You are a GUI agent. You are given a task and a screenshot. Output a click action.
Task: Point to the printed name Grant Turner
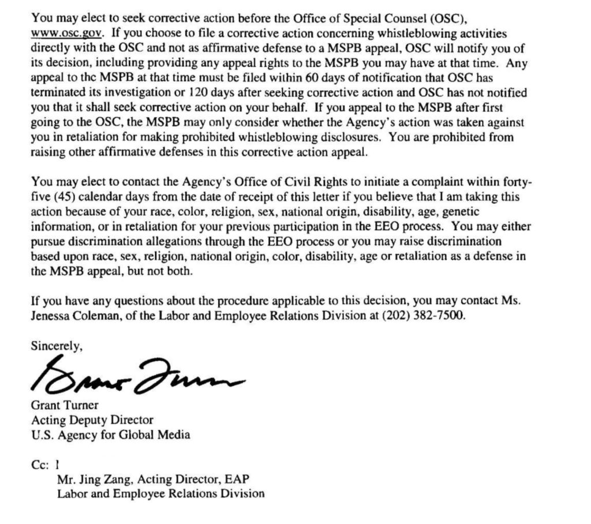pos(65,405)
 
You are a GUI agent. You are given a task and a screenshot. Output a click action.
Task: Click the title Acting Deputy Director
pos(92,420)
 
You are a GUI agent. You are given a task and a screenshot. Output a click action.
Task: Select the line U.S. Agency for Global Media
pos(110,435)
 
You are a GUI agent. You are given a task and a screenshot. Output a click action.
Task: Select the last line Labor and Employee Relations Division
pos(160,493)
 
